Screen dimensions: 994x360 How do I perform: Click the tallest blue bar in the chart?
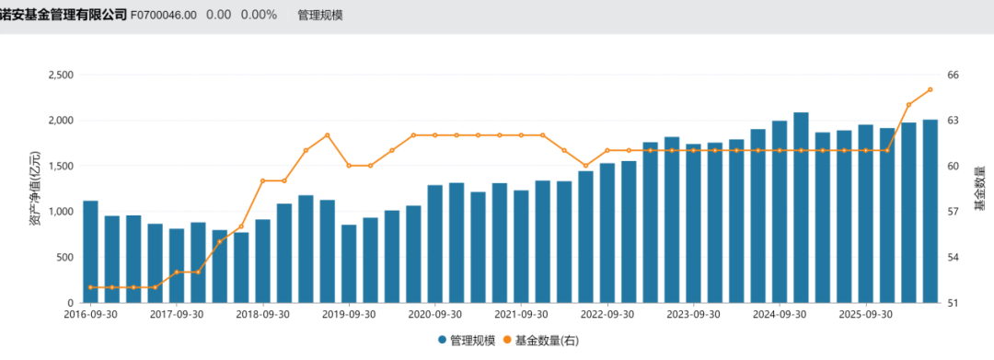(x=801, y=207)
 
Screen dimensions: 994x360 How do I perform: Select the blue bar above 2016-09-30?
(x=90, y=251)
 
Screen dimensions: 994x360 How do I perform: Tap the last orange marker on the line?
(x=930, y=89)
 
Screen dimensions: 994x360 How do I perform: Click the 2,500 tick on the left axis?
(x=62, y=75)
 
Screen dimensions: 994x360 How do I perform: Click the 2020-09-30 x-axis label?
(x=434, y=314)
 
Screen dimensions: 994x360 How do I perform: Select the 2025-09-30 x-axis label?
(x=865, y=314)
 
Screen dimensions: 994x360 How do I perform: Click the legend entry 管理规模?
(x=467, y=341)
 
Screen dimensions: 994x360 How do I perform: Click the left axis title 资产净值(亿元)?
(x=35, y=188)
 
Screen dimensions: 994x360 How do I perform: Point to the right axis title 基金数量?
(x=981, y=188)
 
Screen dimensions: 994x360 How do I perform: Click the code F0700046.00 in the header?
(x=164, y=16)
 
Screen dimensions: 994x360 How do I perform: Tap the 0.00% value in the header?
(x=259, y=16)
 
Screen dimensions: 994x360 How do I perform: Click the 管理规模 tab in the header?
(x=320, y=16)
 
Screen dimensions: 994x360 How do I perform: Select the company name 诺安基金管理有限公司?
(x=64, y=16)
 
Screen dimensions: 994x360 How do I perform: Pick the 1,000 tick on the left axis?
(x=62, y=212)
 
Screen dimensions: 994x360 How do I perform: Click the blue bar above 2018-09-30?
(x=262, y=261)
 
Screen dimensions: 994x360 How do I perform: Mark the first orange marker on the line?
(x=90, y=287)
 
